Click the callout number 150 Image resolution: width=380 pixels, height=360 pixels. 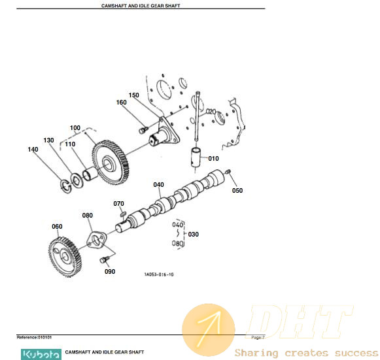(x=134, y=95)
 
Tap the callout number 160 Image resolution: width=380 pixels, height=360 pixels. (x=121, y=103)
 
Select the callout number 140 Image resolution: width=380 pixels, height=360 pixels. (x=33, y=150)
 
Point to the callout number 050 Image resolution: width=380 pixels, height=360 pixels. (x=237, y=191)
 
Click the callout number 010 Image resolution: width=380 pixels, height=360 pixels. (x=213, y=159)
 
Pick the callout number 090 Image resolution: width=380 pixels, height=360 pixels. (x=110, y=272)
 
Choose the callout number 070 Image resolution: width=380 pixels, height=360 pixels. (x=118, y=204)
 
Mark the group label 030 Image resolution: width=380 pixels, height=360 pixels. (x=193, y=235)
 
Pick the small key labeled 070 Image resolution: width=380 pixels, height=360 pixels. (x=123, y=214)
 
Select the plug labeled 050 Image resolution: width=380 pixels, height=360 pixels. (x=228, y=172)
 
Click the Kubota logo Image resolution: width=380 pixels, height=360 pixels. (x=41, y=354)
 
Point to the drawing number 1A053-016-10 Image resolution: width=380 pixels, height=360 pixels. (x=159, y=274)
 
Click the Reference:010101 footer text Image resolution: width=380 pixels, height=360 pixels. (x=34, y=337)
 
